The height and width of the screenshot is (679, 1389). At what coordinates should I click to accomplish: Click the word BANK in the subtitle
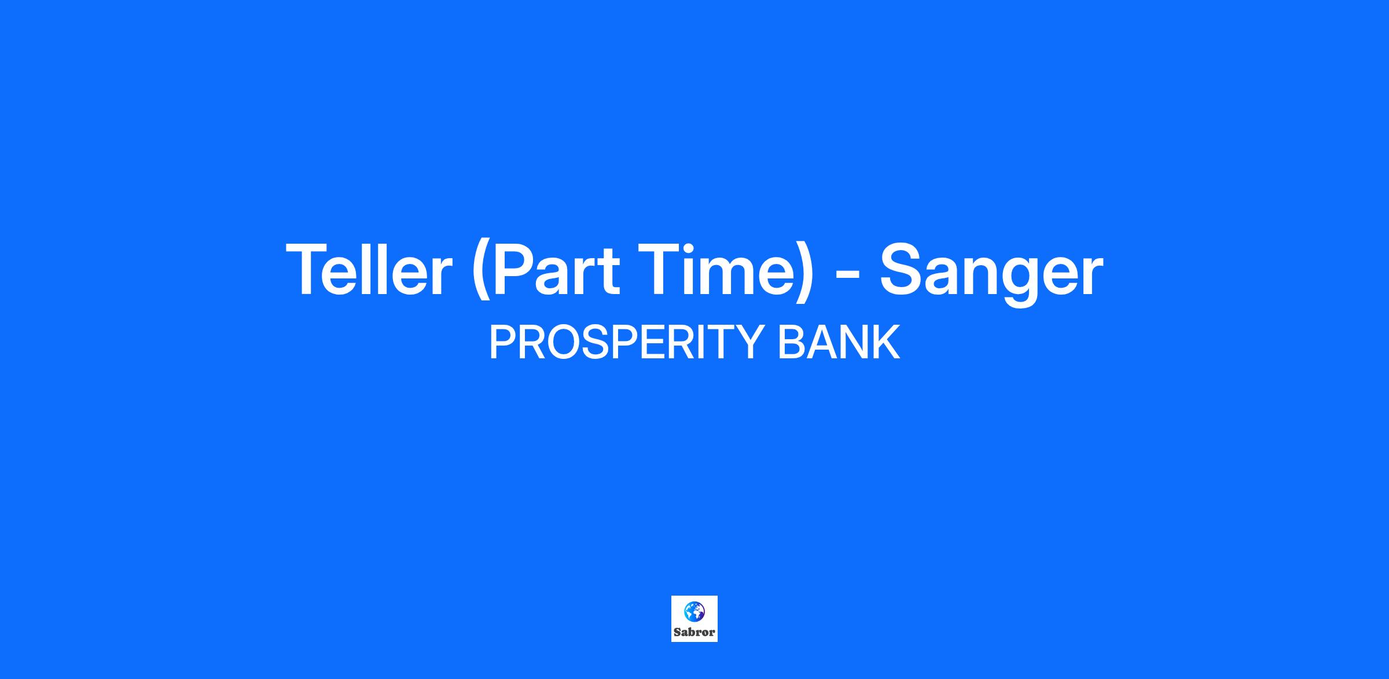point(839,342)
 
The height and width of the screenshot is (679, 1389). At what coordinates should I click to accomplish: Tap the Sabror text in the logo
point(694,632)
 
